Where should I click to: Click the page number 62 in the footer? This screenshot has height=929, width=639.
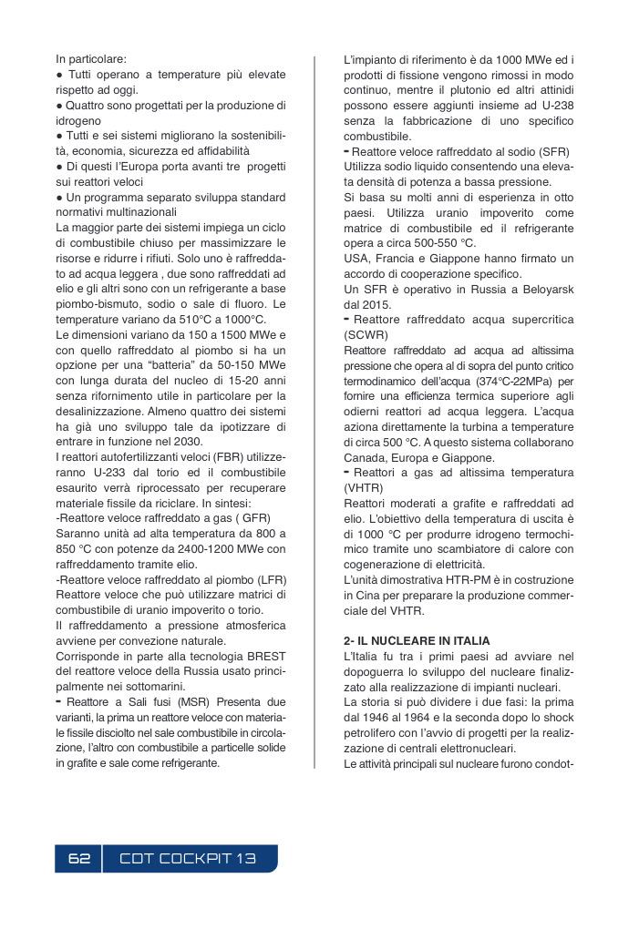point(79,859)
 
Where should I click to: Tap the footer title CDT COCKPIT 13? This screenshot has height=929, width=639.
point(189,859)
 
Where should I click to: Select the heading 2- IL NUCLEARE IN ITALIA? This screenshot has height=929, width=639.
point(417,640)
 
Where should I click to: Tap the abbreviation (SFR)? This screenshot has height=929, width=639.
point(554,151)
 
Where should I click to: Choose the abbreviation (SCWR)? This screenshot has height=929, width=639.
point(366,334)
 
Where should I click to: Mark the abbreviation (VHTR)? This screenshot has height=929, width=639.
point(364,488)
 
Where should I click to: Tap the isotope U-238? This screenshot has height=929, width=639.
point(555,105)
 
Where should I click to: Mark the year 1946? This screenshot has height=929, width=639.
point(382,718)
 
